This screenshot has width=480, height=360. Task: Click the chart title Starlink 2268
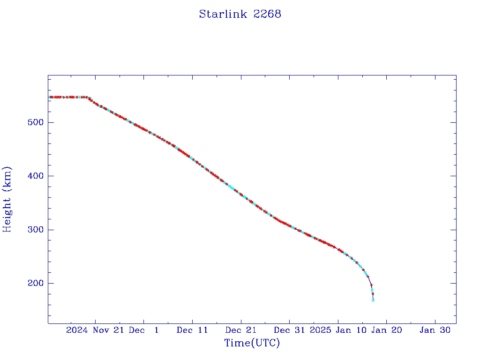pyautogui.click(x=240, y=14)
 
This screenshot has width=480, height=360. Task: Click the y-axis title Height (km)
pyautogui.click(x=7, y=199)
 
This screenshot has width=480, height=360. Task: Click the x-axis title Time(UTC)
pyautogui.click(x=252, y=343)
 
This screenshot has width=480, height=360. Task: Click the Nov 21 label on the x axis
pyautogui.click(x=109, y=330)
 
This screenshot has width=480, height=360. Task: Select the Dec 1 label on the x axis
pyautogui.click(x=144, y=330)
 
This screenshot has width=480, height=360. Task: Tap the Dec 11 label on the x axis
pyautogui.click(x=192, y=330)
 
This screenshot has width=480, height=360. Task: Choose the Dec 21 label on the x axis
pyautogui.click(x=240, y=330)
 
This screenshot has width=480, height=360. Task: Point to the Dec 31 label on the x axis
pyautogui.click(x=289, y=330)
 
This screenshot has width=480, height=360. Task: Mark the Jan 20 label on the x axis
pyautogui.click(x=386, y=330)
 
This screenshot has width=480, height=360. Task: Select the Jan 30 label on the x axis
pyautogui.click(x=435, y=330)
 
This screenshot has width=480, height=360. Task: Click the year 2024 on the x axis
pyautogui.click(x=77, y=330)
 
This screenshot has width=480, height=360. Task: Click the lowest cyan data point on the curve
pyautogui.click(x=373, y=300)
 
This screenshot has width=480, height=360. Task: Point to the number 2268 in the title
pyautogui.click(x=267, y=14)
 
